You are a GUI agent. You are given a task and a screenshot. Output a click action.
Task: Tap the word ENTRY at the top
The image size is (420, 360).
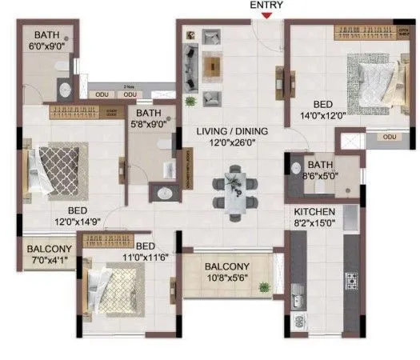(x=266, y=5)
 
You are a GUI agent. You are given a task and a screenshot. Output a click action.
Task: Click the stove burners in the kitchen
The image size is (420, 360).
(x=352, y=279)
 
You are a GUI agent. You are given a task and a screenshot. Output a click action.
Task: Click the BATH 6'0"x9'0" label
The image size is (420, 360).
(x=50, y=40)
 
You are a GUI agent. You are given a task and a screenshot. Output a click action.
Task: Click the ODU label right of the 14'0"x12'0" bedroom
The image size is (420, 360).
(x=389, y=137)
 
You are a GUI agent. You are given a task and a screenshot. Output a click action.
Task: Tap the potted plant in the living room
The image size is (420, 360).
(x=191, y=101)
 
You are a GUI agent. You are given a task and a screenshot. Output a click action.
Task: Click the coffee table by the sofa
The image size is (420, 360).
(x=212, y=63)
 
